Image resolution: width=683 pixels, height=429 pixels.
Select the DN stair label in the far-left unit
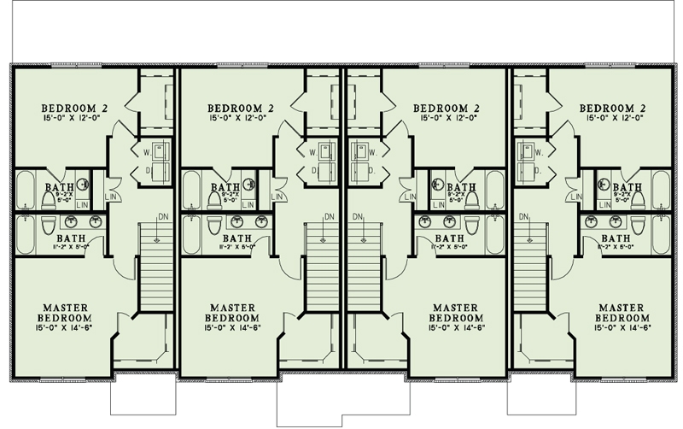coord(162,215)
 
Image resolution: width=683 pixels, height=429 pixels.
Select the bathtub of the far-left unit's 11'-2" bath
coord(24,234)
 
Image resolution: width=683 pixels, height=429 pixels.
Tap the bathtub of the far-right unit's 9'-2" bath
coord(661,190)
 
